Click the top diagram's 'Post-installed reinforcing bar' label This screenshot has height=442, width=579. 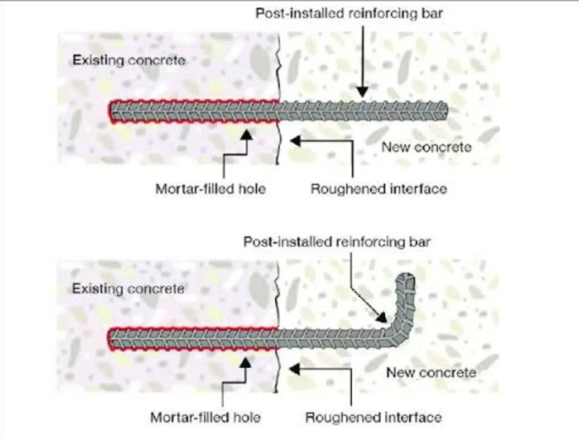pos(349,13)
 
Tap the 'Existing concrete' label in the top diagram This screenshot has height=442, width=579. pos(129,61)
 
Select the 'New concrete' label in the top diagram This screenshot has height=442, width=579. pos(427,147)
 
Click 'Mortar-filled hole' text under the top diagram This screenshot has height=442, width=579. pos(210,189)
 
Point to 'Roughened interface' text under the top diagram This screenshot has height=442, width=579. pos(379,189)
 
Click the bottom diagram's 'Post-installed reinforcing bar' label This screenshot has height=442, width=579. pos(337,242)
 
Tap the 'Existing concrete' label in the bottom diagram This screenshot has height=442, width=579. pos(128,289)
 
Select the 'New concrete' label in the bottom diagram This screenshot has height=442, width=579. pos(431,373)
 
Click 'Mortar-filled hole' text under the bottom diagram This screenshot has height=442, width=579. pos(205,417)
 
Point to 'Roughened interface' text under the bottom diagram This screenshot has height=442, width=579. pos(373,417)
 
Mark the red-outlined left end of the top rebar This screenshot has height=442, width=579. pos(111,112)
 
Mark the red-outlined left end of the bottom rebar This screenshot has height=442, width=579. pos(111,339)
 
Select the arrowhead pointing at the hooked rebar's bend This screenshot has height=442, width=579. pos(382,318)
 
